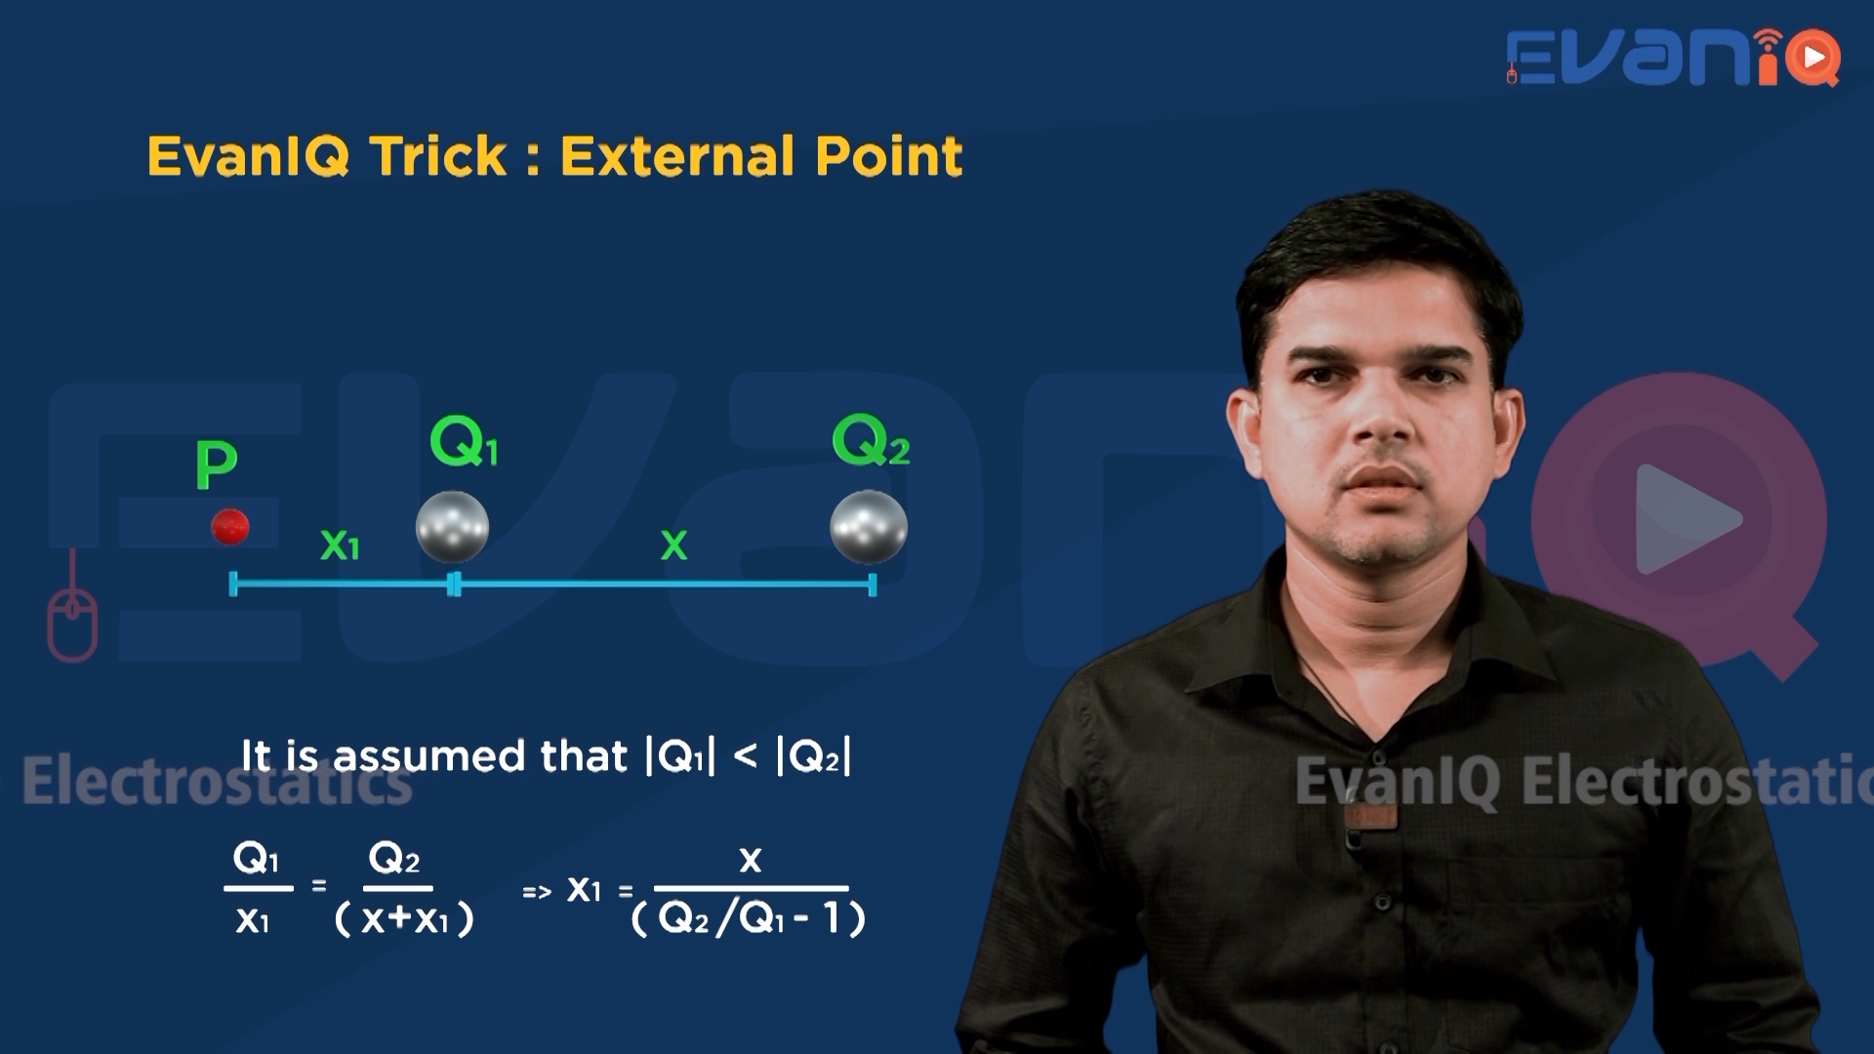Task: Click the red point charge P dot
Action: pyautogui.click(x=230, y=527)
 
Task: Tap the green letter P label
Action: pyautogui.click(x=216, y=465)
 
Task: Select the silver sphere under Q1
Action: pyautogui.click(x=452, y=527)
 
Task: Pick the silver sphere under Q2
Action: pyautogui.click(x=869, y=527)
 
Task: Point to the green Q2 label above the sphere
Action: pyautogui.click(x=871, y=441)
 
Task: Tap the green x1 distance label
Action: pyautogui.click(x=340, y=545)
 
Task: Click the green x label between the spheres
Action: pyautogui.click(x=673, y=545)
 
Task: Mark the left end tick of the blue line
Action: pyautogui.click(x=233, y=585)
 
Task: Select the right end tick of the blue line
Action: pyautogui.click(x=872, y=585)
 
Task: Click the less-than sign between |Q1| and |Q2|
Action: pyautogui.click(x=745, y=756)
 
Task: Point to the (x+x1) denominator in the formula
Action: pyautogui.click(x=404, y=918)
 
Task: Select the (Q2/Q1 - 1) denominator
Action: pyautogui.click(x=749, y=918)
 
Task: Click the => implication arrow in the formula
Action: pyautogui.click(x=537, y=891)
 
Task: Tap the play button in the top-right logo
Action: pyautogui.click(x=1814, y=59)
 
